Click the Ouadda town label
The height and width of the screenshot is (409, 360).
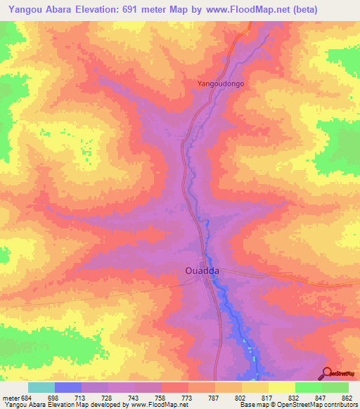(x=204, y=270)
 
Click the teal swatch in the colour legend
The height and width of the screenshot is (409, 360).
(x=41, y=387)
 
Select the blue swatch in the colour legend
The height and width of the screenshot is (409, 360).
(x=68, y=387)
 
